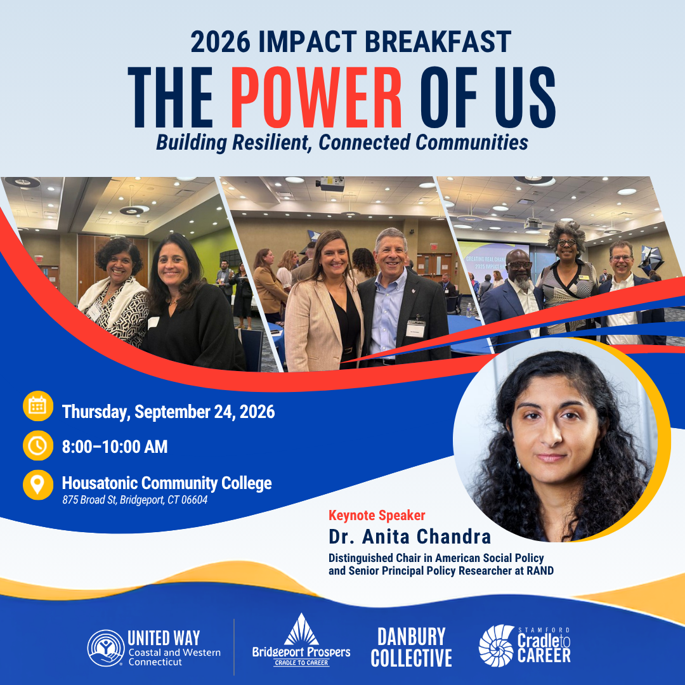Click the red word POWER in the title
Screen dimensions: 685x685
[x=316, y=97]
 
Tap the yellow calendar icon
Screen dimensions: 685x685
[x=38, y=406]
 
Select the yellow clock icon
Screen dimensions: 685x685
[x=38, y=446]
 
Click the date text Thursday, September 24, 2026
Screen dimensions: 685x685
[x=168, y=412]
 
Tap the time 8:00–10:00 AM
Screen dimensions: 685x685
[x=114, y=447]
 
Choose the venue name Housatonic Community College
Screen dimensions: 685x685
[x=166, y=483]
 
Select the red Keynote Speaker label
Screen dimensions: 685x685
[x=377, y=516]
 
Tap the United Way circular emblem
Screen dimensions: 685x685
[x=106, y=648]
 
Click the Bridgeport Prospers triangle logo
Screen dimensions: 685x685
[x=301, y=630]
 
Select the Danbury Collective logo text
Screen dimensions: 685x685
[x=411, y=648]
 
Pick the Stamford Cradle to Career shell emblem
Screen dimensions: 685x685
[x=496, y=646]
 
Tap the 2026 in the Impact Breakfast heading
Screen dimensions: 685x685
[x=221, y=42]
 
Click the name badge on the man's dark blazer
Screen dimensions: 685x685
[x=415, y=328]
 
